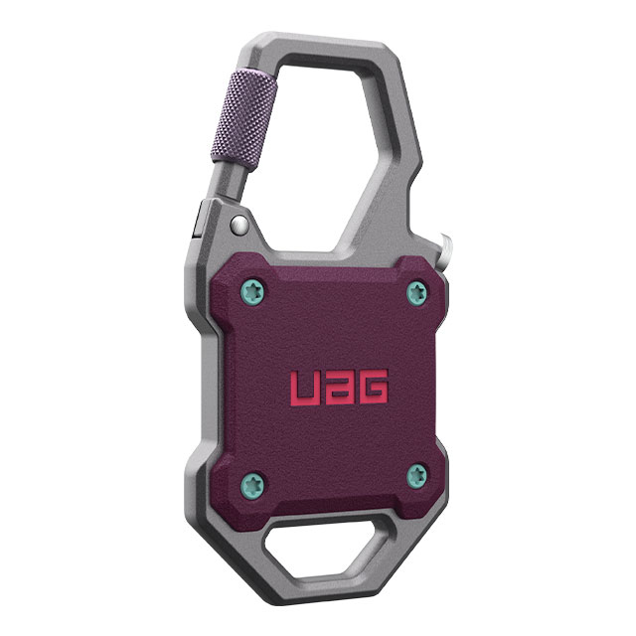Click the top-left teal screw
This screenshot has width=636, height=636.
(x=253, y=291)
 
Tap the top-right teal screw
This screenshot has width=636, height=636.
(x=416, y=293)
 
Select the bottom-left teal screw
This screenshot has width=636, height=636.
(x=251, y=485)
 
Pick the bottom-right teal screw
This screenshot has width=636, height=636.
(x=416, y=476)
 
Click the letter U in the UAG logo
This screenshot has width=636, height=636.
(x=304, y=388)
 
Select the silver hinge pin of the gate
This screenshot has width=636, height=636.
(x=239, y=226)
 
